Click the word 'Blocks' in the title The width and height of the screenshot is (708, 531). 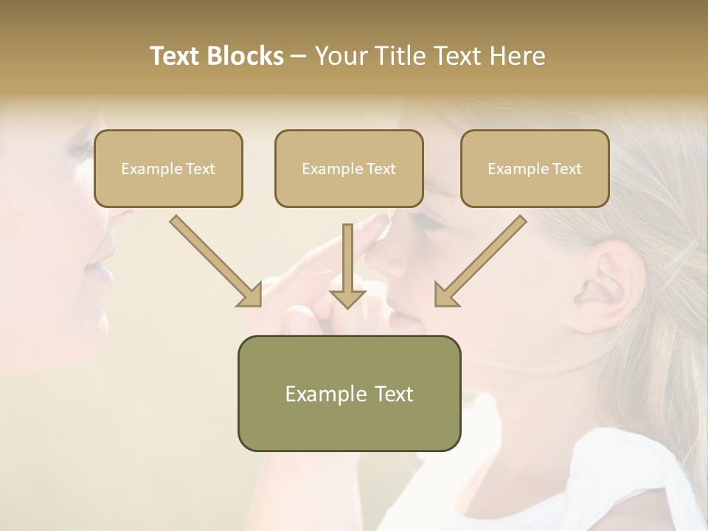click(x=246, y=56)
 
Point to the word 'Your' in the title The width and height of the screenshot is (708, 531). click(x=340, y=56)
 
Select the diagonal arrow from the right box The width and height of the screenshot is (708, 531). click(x=480, y=261)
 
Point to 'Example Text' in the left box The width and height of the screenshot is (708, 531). click(x=168, y=169)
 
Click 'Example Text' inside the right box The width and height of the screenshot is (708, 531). click(x=535, y=169)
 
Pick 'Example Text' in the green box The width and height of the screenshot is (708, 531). click(x=349, y=394)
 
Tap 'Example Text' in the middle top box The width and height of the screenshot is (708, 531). click(x=349, y=169)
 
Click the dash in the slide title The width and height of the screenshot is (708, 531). click(x=299, y=57)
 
